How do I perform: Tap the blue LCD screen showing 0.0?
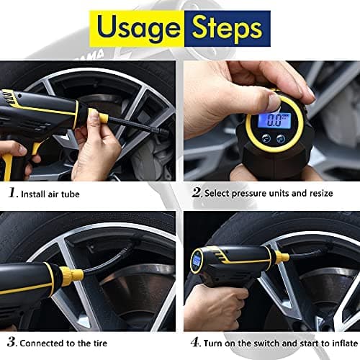(274, 121)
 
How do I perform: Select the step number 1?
(12, 193)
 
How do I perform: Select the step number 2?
(197, 192)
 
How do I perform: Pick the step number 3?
(12, 342)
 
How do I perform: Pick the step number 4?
(195, 342)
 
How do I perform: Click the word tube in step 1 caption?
(70, 194)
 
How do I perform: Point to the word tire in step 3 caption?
(100, 343)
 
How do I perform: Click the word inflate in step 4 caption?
(345, 343)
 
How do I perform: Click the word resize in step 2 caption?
(321, 194)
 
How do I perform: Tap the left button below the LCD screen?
(266, 138)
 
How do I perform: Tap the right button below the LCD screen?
(281, 139)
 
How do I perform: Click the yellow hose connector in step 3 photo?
(71, 274)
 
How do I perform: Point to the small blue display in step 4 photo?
(197, 261)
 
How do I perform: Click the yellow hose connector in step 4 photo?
(282, 258)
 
